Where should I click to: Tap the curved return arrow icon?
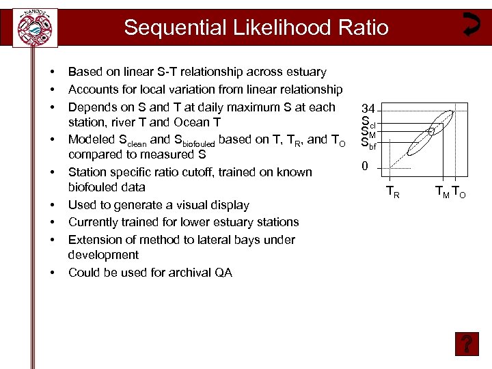(470, 23)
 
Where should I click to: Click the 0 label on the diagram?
(366, 167)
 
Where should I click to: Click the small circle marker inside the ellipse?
(431, 131)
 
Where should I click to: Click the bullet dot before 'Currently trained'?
(52, 223)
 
